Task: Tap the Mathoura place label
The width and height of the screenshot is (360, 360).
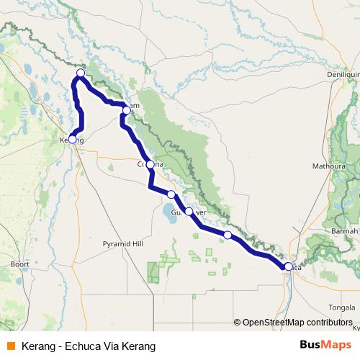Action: click(328, 165)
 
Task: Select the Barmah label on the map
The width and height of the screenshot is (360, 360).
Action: click(343, 232)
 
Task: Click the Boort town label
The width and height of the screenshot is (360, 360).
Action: click(19, 264)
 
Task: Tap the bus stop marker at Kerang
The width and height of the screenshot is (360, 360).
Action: click(72, 139)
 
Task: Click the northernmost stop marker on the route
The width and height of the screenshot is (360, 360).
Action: click(81, 73)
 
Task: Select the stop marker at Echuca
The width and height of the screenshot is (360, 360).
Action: click(289, 266)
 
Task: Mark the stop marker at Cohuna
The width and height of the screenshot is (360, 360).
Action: click(150, 165)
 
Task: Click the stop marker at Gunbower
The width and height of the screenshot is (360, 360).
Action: click(189, 212)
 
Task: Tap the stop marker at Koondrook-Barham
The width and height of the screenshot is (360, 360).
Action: click(127, 110)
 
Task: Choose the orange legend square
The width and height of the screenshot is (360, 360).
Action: click(11, 346)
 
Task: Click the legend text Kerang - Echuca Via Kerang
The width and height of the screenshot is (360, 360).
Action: click(89, 346)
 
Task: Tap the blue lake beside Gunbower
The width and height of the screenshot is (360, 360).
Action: click(173, 212)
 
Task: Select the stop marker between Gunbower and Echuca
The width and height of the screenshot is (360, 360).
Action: click(228, 235)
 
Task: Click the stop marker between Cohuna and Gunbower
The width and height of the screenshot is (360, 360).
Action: click(171, 194)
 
